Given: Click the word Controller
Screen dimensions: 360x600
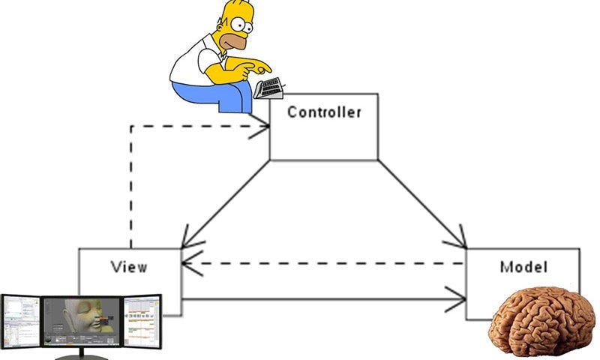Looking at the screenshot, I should click(x=324, y=113).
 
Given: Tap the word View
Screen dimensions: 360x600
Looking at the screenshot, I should click(x=129, y=266).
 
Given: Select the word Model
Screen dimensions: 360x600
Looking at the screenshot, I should click(x=523, y=266).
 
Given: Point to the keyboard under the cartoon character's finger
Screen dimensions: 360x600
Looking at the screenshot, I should click(x=268, y=88).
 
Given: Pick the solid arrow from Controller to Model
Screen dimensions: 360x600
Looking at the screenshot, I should click(x=420, y=202).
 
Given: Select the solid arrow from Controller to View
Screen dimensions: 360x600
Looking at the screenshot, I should click(x=225, y=202).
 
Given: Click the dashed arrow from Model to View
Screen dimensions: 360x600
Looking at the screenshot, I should click(x=322, y=263).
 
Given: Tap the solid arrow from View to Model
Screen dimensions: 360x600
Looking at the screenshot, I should click(x=322, y=300).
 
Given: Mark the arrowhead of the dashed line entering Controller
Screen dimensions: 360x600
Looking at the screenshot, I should click(x=264, y=126).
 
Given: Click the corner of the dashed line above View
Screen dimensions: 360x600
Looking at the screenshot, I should click(x=131, y=126).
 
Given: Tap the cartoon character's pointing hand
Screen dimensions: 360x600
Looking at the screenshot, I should click(x=251, y=69).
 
